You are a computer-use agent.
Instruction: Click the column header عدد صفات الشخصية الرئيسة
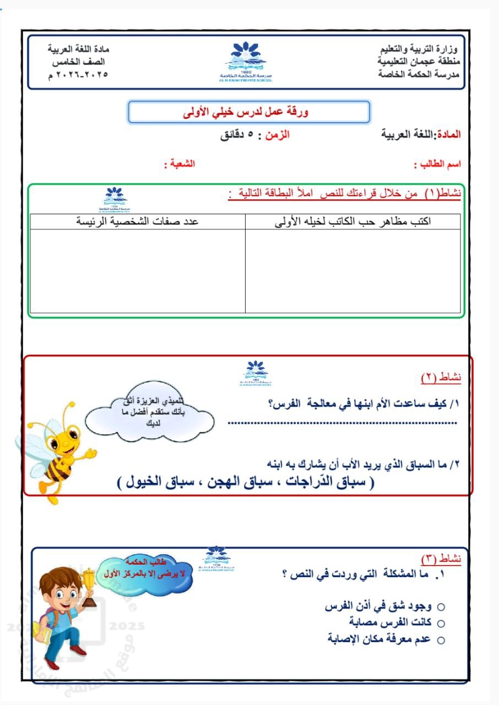pos(137,221)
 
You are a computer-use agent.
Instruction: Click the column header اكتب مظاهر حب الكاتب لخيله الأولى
pos(352,221)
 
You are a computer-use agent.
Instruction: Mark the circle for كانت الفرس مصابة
pos(441,623)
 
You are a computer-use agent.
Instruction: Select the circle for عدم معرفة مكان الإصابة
pos(441,640)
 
